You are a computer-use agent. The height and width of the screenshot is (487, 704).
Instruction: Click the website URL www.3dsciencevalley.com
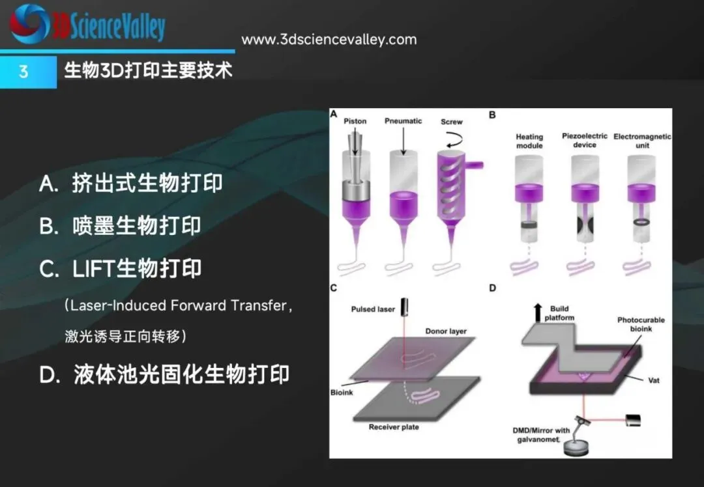click(329, 40)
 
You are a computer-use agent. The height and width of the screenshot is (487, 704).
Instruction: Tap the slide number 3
click(24, 71)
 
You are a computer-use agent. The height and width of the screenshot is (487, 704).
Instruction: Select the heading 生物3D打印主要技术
click(149, 70)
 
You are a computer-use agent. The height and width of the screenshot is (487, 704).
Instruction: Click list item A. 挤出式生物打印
click(131, 184)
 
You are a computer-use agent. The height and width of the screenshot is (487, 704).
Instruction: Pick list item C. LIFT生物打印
click(121, 269)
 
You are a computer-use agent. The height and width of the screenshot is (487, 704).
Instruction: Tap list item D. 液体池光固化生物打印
click(165, 375)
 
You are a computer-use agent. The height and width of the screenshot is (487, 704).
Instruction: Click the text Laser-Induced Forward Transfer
click(177, 305)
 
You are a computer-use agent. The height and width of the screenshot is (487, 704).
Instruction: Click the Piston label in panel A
click(355, 121)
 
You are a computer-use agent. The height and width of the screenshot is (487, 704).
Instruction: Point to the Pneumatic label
click(403, 121)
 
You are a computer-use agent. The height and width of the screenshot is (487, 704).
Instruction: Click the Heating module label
click(529, 141)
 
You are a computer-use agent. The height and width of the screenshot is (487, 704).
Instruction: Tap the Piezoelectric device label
click(584, 140)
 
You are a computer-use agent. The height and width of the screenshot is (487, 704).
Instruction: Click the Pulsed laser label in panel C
click(373, 309)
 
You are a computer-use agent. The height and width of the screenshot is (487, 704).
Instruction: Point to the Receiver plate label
click(394, 427)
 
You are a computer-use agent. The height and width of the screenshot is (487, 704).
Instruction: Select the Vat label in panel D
click(654, 380)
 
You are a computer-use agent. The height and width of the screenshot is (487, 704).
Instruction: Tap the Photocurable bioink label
click(641, 324)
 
